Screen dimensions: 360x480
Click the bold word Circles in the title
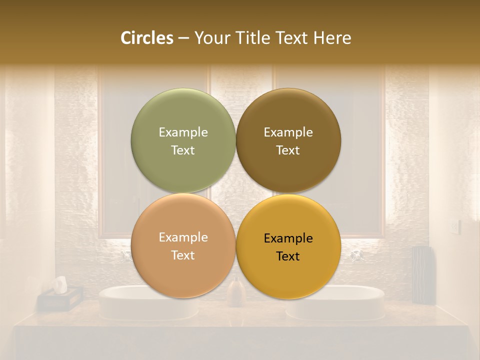pos(146,38)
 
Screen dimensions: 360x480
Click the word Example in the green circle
pos(183,132)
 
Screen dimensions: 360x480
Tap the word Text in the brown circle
pos(288,150)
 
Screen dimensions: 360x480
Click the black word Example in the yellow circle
pos(288,238)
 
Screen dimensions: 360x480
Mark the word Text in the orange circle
pos(183,255)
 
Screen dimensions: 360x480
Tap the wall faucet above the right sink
pos(356,255)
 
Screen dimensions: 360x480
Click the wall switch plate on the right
pos(454,227)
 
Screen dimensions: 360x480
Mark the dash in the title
pos(183,38)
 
